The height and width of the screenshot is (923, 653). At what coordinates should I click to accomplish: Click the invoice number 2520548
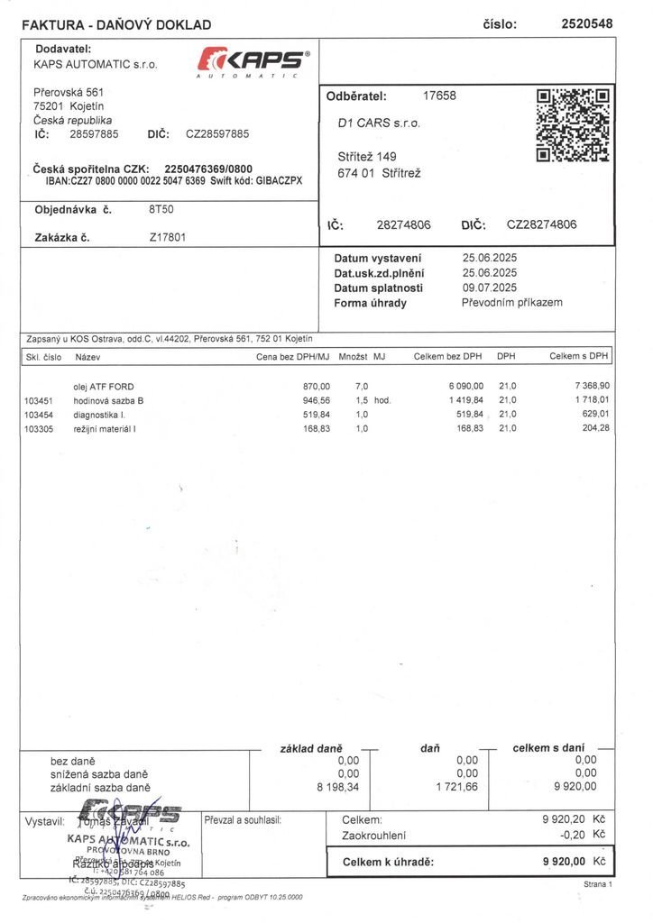pos(586,24)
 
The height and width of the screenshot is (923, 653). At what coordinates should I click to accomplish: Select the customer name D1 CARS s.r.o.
pos(379,123)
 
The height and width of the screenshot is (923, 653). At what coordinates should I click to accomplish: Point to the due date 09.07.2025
pos(489,288)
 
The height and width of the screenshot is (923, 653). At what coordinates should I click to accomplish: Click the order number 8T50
pos(161,210)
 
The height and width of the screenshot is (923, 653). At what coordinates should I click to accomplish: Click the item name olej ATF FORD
pos(104,386)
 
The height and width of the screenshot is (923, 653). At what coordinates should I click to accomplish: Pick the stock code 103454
pos(39,414)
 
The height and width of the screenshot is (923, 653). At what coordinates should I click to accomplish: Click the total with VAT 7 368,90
pos(592,386)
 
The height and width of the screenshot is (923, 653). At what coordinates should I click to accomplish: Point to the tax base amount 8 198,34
pos(337,787)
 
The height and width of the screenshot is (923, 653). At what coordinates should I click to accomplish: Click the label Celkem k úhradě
pos(388,862)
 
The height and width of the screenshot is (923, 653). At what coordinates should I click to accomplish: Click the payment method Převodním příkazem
pos(511,303)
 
